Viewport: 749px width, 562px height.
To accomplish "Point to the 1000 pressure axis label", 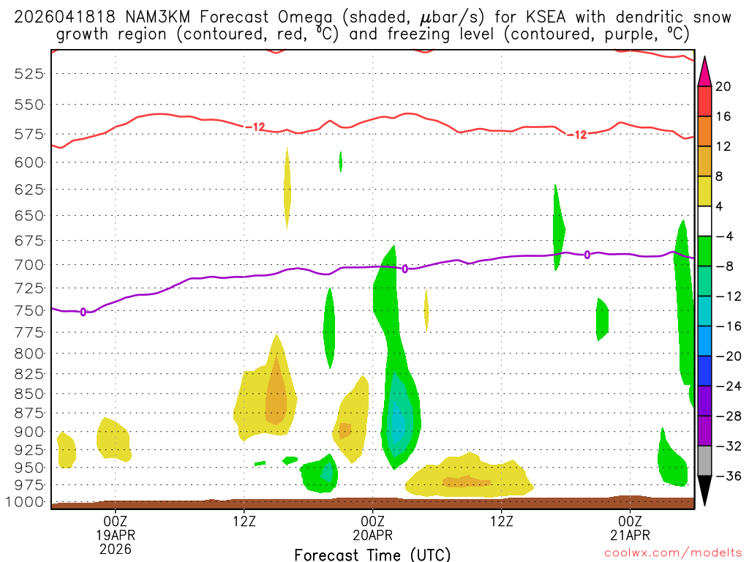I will coord(26,503).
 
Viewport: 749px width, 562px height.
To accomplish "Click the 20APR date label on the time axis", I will coord(374,535).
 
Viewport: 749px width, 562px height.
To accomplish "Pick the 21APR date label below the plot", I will coord(631,535).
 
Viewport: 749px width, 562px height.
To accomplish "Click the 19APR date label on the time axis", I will coord(116,535).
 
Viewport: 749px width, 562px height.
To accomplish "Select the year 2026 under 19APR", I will coord(116,549).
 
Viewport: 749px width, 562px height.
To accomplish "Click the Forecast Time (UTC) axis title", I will coord(373,555).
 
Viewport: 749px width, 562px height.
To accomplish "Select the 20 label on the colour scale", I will coord(723,86).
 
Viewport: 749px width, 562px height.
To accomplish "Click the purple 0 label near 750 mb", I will coord(83,312).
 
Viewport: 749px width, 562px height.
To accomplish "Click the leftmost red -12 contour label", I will coord(255,127).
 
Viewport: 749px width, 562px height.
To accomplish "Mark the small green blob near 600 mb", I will coord(341,161).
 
